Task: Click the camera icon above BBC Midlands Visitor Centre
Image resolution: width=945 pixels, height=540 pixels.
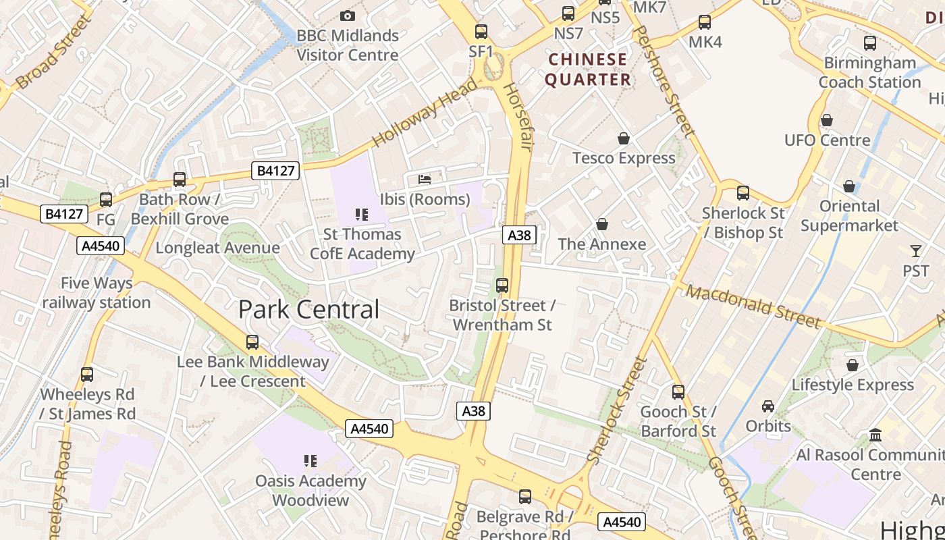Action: coord(347,16)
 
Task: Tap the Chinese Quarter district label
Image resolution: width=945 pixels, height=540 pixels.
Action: coord(587,70)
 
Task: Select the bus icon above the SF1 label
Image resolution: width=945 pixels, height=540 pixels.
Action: coord(481,31)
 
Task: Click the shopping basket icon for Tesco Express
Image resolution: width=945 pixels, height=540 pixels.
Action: coord(624,138)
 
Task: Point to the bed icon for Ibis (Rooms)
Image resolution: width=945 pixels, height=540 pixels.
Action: coord(425,179)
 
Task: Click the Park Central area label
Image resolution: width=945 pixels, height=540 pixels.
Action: coord(308,310)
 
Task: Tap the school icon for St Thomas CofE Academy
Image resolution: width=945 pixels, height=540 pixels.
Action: coord(362,215)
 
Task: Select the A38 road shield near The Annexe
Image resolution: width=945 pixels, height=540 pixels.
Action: coord(519,235)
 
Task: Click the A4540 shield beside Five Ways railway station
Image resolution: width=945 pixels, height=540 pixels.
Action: coord(101,246)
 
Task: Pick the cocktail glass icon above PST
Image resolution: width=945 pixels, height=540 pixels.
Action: coord(915,251)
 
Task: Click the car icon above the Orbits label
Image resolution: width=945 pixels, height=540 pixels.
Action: coord(768,406)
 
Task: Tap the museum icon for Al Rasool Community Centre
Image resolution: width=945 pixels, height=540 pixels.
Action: coord(875,435)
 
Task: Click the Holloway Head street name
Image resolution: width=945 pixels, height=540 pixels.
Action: coord(424,113)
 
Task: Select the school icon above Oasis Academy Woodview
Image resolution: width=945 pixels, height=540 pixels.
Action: coord(310,461)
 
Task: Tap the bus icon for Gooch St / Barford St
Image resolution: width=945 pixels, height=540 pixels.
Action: coord(678,391)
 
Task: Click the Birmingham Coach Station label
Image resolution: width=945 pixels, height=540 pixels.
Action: coord(869,72)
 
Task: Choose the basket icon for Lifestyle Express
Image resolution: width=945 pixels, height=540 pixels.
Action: coord(852,365)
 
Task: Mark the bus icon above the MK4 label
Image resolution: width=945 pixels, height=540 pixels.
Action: coord(705,22)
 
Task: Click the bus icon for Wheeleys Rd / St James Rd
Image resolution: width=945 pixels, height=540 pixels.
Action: coord(87,375)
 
